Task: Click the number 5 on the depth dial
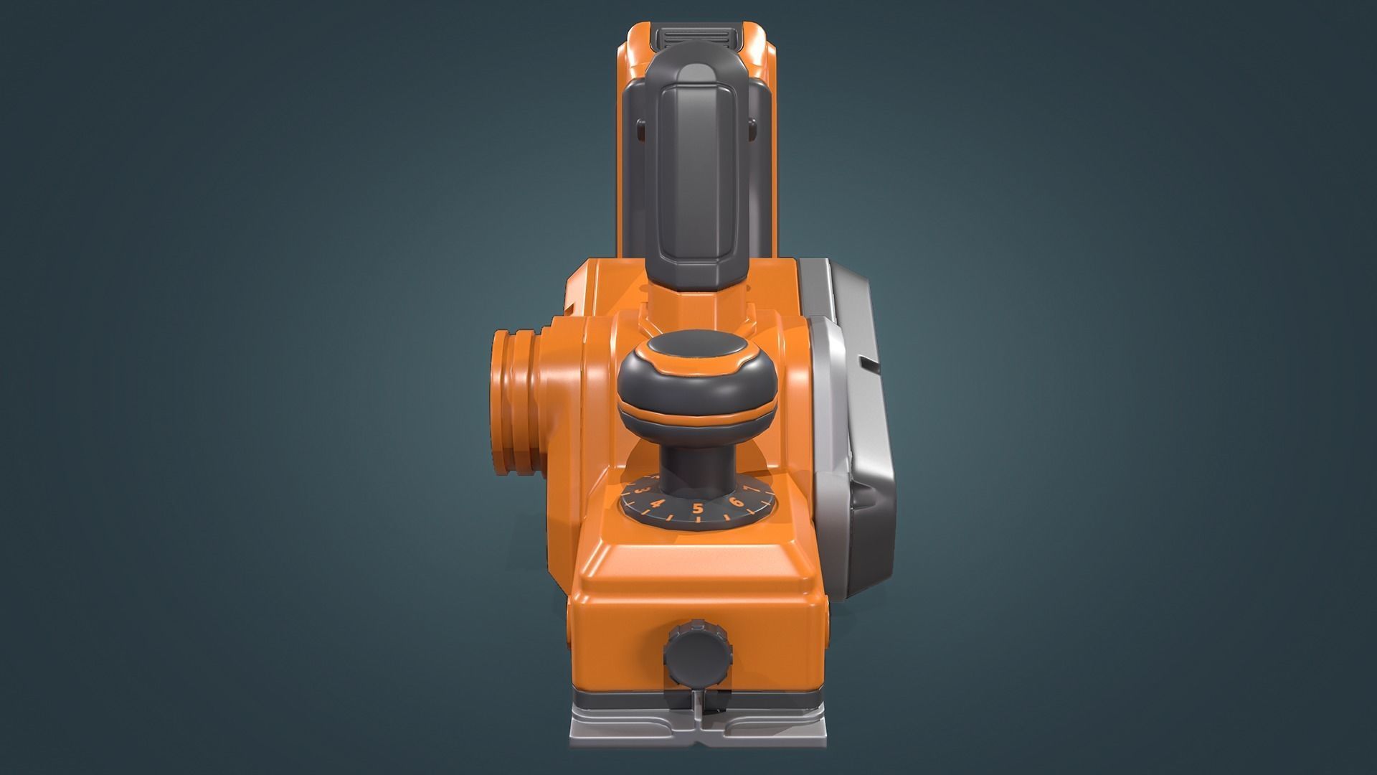(697, 509)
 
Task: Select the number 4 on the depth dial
(656, 503)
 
